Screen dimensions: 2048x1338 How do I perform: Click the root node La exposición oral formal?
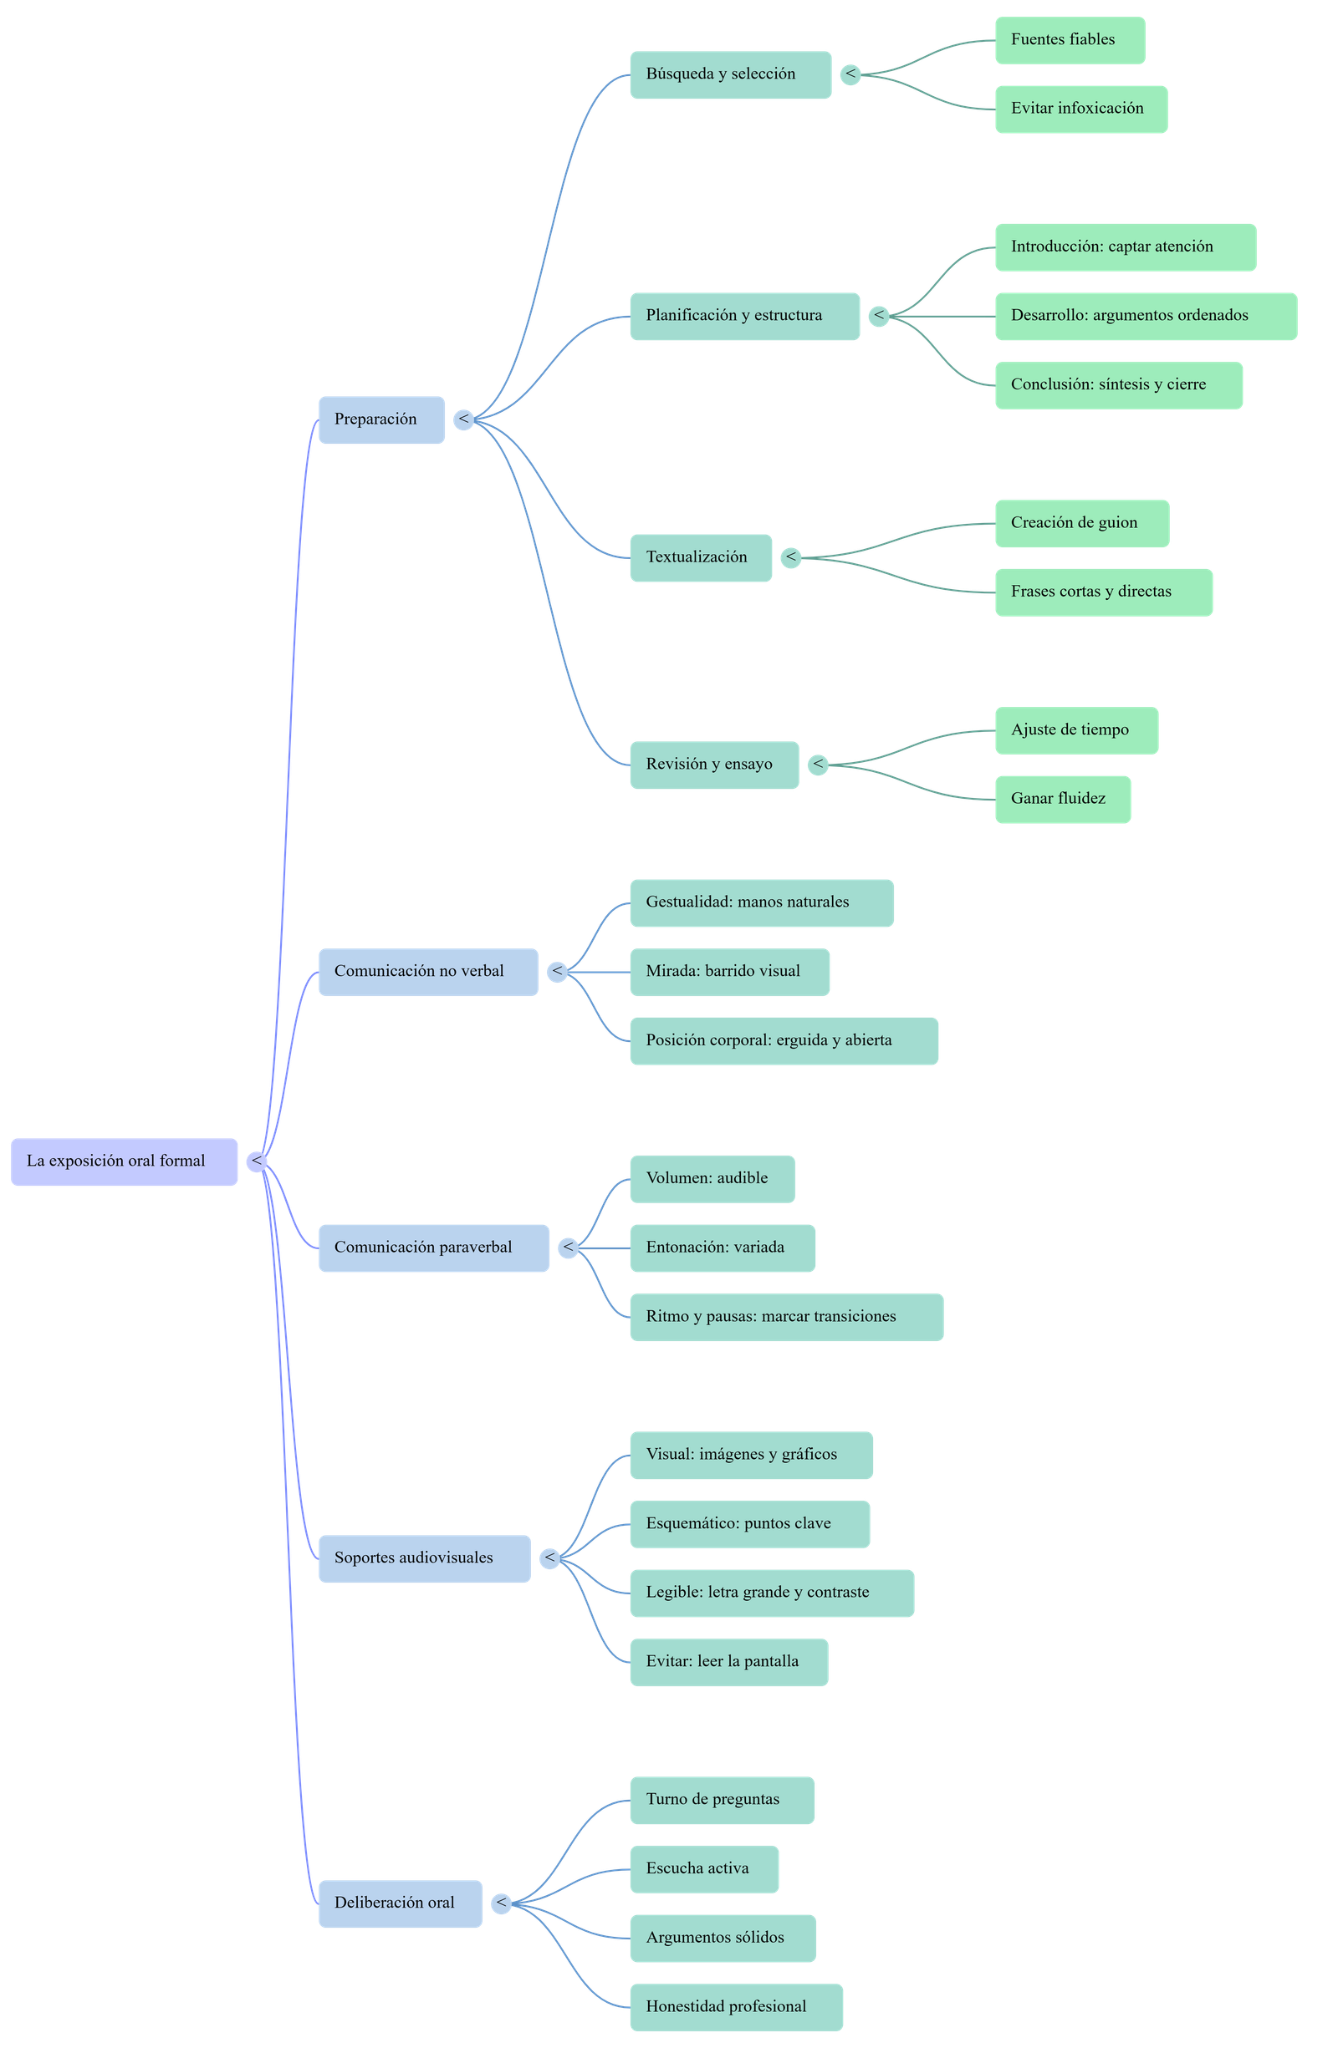pos(124,1161)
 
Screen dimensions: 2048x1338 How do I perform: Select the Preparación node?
pos(381,420)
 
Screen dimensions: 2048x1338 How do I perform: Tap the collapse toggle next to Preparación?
pos(463,420)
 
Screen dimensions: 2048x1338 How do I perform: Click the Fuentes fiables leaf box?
pos(1070,39)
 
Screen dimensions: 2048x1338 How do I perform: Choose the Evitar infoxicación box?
pos(1080,109)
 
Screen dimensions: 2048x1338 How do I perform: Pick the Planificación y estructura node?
pos(744,316)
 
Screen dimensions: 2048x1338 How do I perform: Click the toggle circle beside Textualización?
pos(790,557)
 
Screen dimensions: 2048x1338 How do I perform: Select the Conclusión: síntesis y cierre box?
pos(1117,384)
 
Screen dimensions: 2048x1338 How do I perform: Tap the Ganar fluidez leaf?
pos(1063,800)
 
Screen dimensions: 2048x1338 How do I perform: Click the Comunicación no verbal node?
pos(428,973)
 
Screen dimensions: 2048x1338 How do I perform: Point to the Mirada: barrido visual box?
pos(729,973)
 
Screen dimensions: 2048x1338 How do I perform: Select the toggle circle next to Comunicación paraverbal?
pos(568,1248)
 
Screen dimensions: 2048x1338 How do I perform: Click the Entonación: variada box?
pos(722,1248)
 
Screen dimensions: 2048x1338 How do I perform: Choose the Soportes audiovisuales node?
pos(425,1558)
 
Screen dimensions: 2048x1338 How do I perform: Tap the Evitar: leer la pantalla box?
pos(728,1663)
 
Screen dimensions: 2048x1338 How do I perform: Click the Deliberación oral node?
pos(401,1903)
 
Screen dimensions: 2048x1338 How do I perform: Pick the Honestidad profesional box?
pos(735,2008)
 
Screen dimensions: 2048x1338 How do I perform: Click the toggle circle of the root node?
pos(256,1161)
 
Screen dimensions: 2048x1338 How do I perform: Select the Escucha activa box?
pos(703,1869)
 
